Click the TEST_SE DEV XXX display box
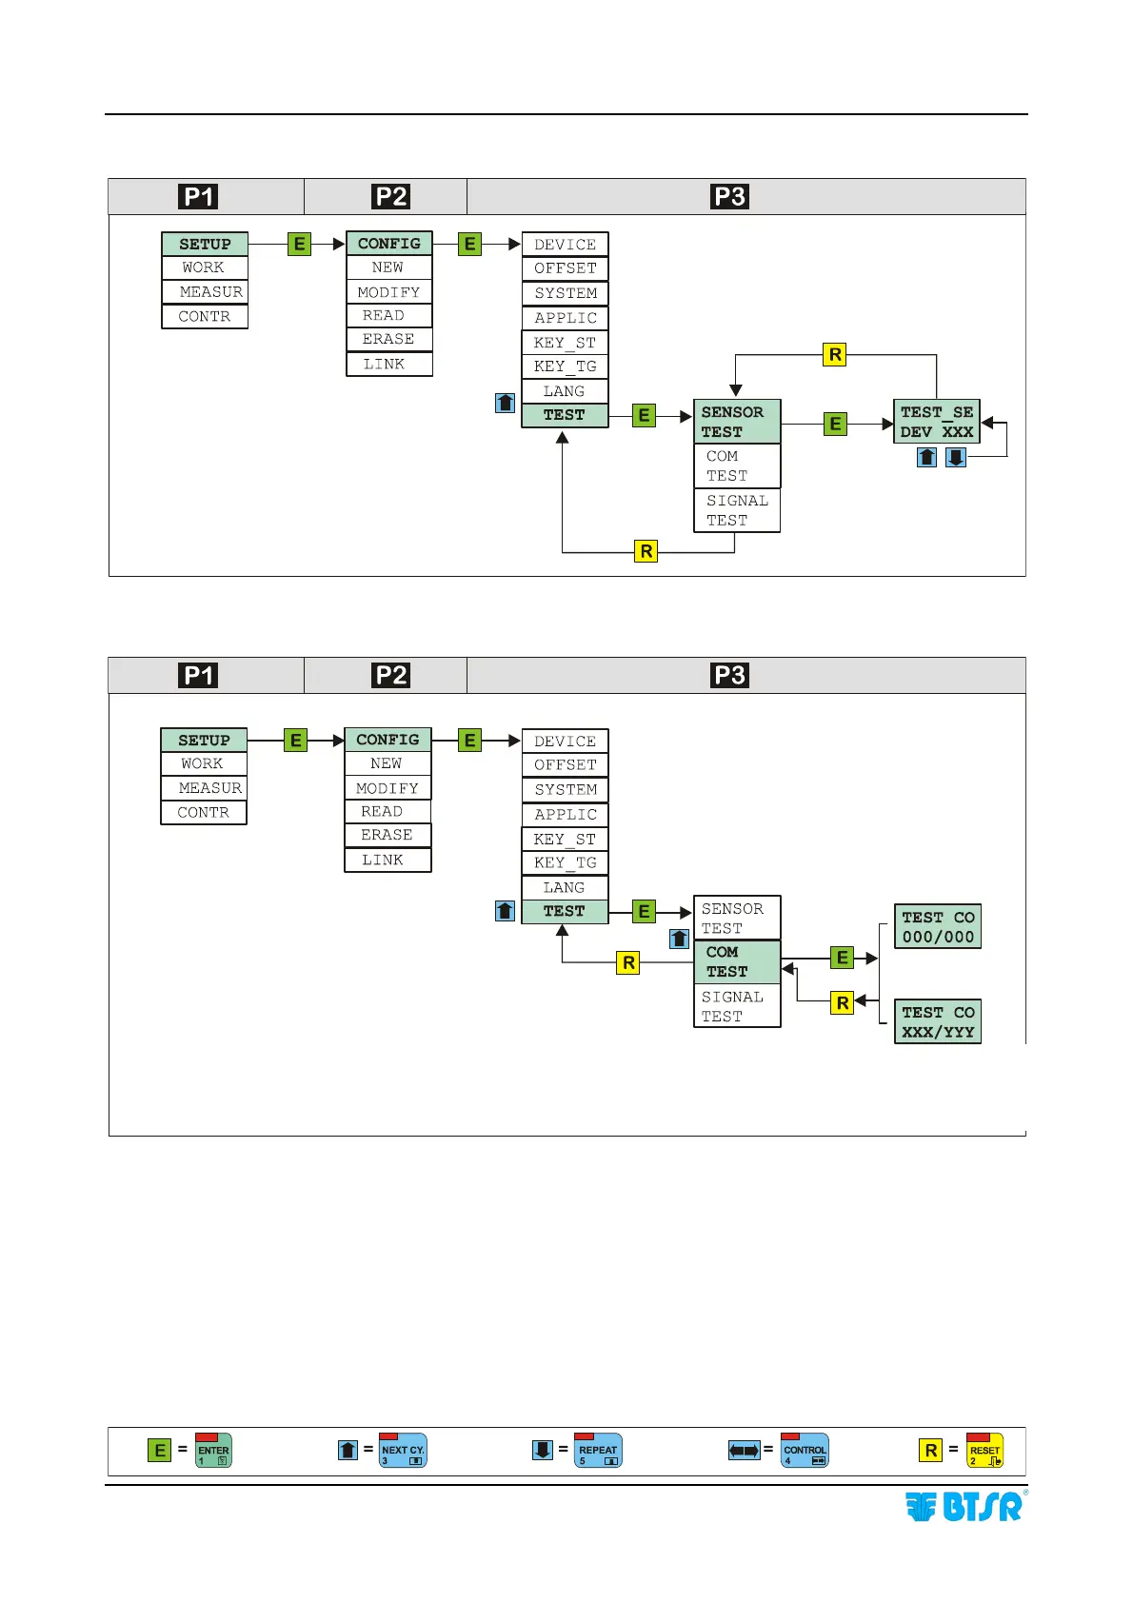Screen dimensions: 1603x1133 pos(937,422)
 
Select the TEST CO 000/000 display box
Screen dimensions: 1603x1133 pos(938,926)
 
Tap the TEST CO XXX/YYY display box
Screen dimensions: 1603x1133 pos(938,1021)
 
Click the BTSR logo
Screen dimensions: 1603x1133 pos(964,1507)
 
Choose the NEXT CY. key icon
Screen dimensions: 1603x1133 pos(403,1451)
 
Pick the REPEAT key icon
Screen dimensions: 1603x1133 pos(598,1451)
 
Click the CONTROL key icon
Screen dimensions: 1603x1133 pos(805,1451)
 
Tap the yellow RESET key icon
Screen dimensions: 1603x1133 pos(984,1451)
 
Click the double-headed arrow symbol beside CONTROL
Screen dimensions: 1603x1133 pos(744,1451)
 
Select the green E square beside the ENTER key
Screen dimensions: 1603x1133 pos(160,1451)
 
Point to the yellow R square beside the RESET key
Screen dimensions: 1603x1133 pos(931,1451)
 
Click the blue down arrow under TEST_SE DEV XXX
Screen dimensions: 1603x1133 pos(956,458)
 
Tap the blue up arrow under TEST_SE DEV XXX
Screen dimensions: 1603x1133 pos(926,458)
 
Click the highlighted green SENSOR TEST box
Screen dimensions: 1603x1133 pos(737,422)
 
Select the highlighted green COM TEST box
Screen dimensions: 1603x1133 pos(737,961)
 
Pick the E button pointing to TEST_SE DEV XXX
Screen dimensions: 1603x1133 pos(835,425)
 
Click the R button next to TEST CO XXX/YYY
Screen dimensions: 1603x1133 pos(843,1002)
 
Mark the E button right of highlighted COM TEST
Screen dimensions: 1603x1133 pos(842,958)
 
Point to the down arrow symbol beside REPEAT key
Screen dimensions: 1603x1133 pos(543,1451)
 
